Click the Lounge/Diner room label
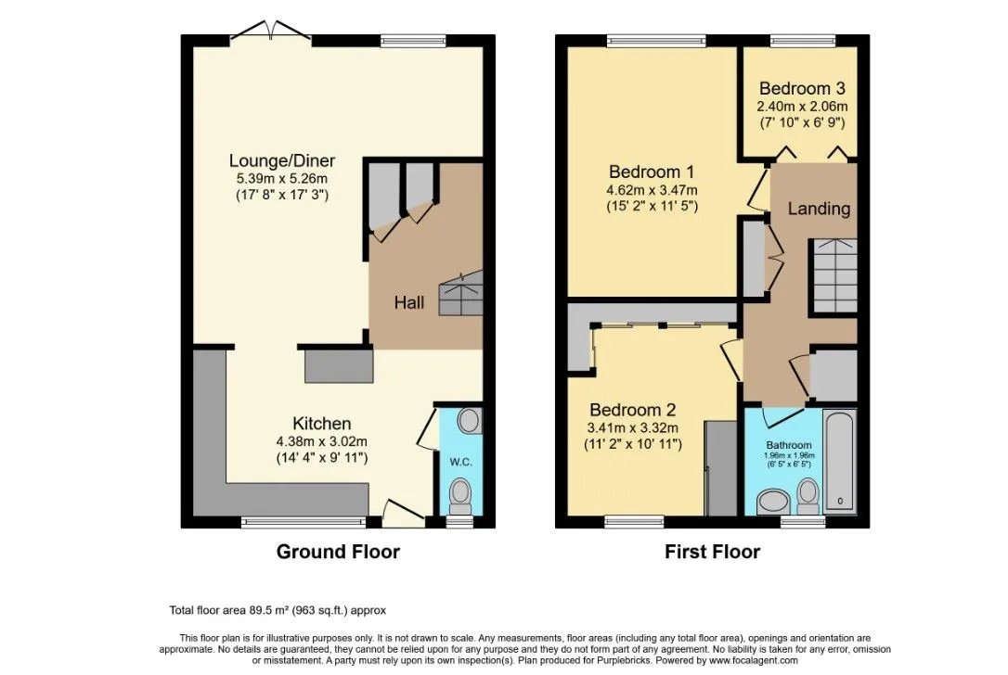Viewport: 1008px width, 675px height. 282,160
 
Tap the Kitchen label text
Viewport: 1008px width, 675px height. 322,424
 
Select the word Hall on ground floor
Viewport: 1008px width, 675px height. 408,302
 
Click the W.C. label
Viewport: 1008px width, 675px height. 461,462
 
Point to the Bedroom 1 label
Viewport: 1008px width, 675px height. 652,172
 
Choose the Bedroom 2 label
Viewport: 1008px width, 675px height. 633,410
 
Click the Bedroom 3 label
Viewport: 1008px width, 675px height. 802,89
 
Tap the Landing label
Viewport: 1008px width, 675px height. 819,209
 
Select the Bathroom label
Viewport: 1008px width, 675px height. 789,445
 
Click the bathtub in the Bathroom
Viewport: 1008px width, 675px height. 840,461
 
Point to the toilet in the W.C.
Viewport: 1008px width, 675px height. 460,496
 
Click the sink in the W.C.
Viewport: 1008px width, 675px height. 470,421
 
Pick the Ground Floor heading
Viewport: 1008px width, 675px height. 338,552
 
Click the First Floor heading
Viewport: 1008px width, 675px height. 712,552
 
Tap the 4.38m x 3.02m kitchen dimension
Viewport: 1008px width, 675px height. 321,442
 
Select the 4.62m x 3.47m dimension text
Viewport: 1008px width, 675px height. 652,191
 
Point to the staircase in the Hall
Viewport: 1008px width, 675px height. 460,293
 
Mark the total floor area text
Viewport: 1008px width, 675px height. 278,610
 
